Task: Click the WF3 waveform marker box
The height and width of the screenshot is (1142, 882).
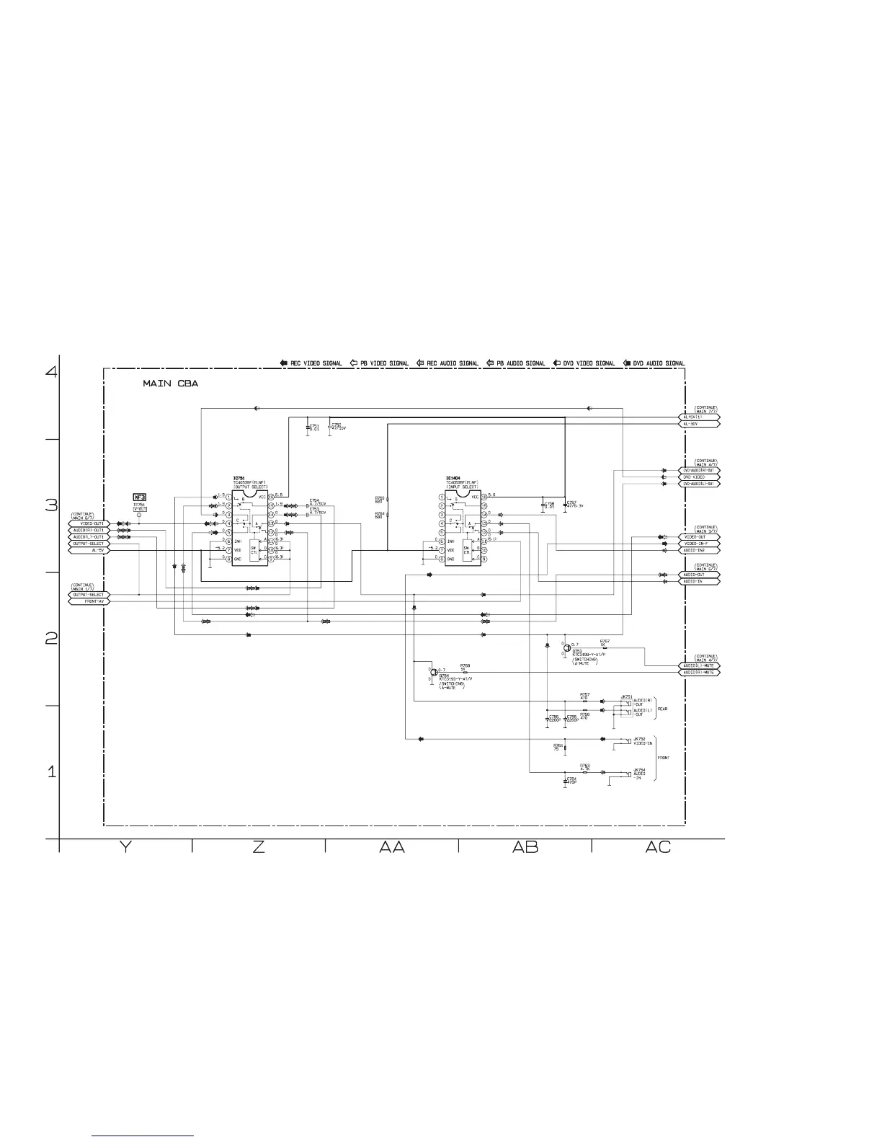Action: click(140, 497)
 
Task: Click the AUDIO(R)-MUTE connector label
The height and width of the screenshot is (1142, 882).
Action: click(699, 672)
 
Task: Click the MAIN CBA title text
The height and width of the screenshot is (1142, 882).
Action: click(170, 384)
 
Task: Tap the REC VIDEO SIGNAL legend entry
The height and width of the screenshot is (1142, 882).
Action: click(311, 363)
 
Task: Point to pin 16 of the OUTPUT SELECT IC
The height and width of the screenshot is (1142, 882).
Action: click(271, 497)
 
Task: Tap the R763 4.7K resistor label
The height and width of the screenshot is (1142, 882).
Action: click(584, 767)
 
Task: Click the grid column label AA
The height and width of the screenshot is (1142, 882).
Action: click(392, 847)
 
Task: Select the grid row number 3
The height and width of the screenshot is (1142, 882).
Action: click(51, 505)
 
